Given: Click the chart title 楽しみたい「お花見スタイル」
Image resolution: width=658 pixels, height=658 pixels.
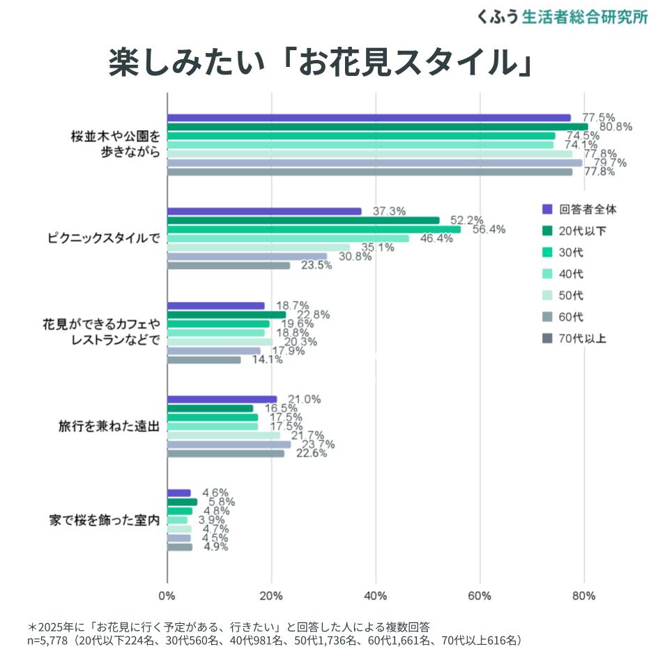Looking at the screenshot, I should point(321,63).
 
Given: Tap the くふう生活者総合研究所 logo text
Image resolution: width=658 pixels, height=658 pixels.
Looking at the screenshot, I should point(562,17).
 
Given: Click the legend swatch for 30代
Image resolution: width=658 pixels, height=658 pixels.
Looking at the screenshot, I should point(547,252).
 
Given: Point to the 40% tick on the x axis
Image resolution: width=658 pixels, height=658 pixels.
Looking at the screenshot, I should point(376,596).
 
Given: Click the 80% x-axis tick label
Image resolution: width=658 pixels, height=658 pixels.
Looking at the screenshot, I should point(583,596).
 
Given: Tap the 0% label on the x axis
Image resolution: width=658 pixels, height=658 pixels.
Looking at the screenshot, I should point(167,596).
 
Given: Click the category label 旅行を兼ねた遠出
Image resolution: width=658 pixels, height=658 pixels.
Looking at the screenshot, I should point(109,427).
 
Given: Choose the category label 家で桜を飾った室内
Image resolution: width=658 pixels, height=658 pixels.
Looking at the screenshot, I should point(105,520).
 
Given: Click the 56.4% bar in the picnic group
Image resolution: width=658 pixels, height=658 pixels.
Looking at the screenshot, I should point(314,229).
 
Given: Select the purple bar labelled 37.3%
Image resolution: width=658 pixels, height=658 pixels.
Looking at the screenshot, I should point(264,211).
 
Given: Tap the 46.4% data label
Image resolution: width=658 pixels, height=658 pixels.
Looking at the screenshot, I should point(436,238).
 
